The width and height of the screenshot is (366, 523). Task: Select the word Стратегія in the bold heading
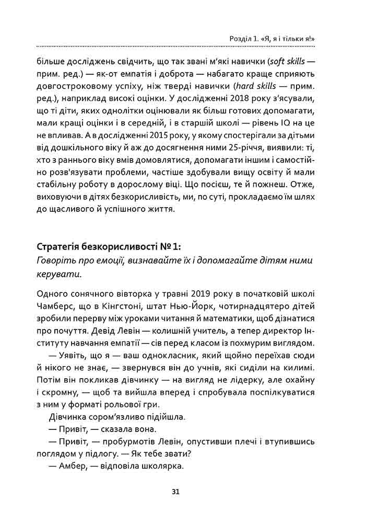[59, 246]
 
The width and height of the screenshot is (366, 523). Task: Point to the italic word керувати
[56, 274]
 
